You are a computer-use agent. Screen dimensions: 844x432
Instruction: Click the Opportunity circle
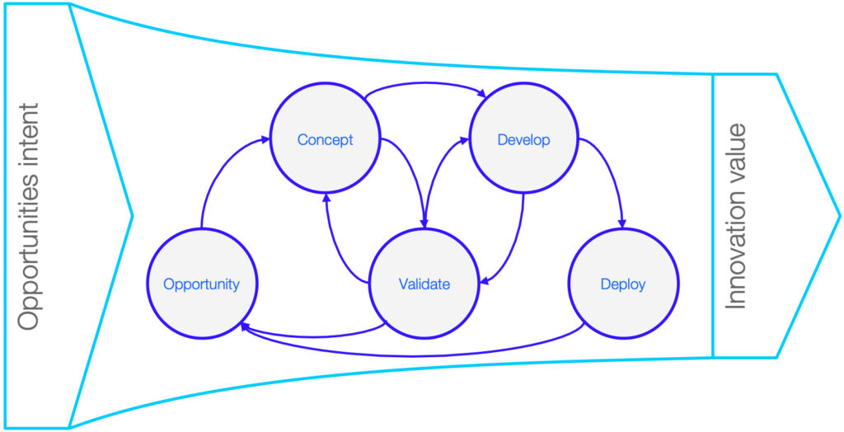[x=203, y=284]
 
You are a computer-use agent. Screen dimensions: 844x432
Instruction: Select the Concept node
[x=325, y=140]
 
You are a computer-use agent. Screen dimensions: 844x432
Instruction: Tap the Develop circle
[x=523, y=140]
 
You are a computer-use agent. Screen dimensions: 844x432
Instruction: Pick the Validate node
[x=424, y=284]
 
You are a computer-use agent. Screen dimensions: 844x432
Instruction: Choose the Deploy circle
[x=623, y=284]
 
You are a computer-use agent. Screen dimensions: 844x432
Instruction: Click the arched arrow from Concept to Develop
[x=425, y=83]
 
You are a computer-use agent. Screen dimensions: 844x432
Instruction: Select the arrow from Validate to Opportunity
[x=312, y=335]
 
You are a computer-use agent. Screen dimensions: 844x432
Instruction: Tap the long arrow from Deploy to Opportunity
[x=412, y=356]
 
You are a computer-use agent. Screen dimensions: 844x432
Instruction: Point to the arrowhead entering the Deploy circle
[x=623, y=223]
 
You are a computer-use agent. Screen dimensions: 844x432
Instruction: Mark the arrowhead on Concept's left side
[x=265, y=139]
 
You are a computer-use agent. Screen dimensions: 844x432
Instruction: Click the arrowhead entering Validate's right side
[x=485, y=280]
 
